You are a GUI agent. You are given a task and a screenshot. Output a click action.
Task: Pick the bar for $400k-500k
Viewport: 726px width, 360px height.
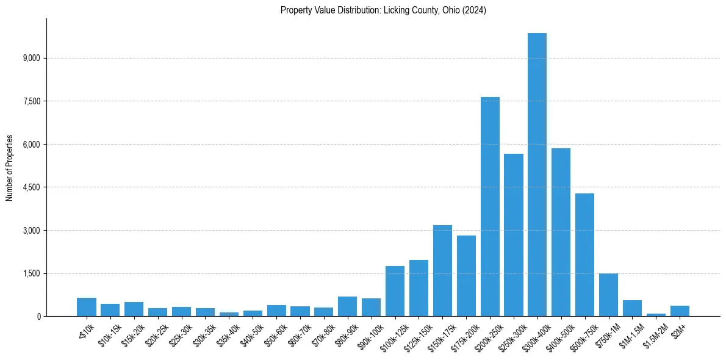(x=561, y=232)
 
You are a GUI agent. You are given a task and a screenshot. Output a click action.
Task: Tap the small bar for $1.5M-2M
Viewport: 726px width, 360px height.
(x=656, y=314)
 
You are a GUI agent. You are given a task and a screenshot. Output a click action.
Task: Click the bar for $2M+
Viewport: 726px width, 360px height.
(x=680, y=311)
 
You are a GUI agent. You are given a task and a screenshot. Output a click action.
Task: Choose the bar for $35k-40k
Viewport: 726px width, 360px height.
(x=229, y=314)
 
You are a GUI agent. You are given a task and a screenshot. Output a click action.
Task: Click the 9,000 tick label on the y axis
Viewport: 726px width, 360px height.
(x=31, y=58)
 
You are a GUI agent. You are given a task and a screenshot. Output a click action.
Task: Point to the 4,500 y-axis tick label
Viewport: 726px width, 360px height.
(x=31, y=187)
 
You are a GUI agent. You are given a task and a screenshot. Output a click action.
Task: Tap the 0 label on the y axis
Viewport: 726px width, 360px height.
(x=38, y=317)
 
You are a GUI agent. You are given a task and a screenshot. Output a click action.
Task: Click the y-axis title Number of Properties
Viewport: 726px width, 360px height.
(x=9, y=168)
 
